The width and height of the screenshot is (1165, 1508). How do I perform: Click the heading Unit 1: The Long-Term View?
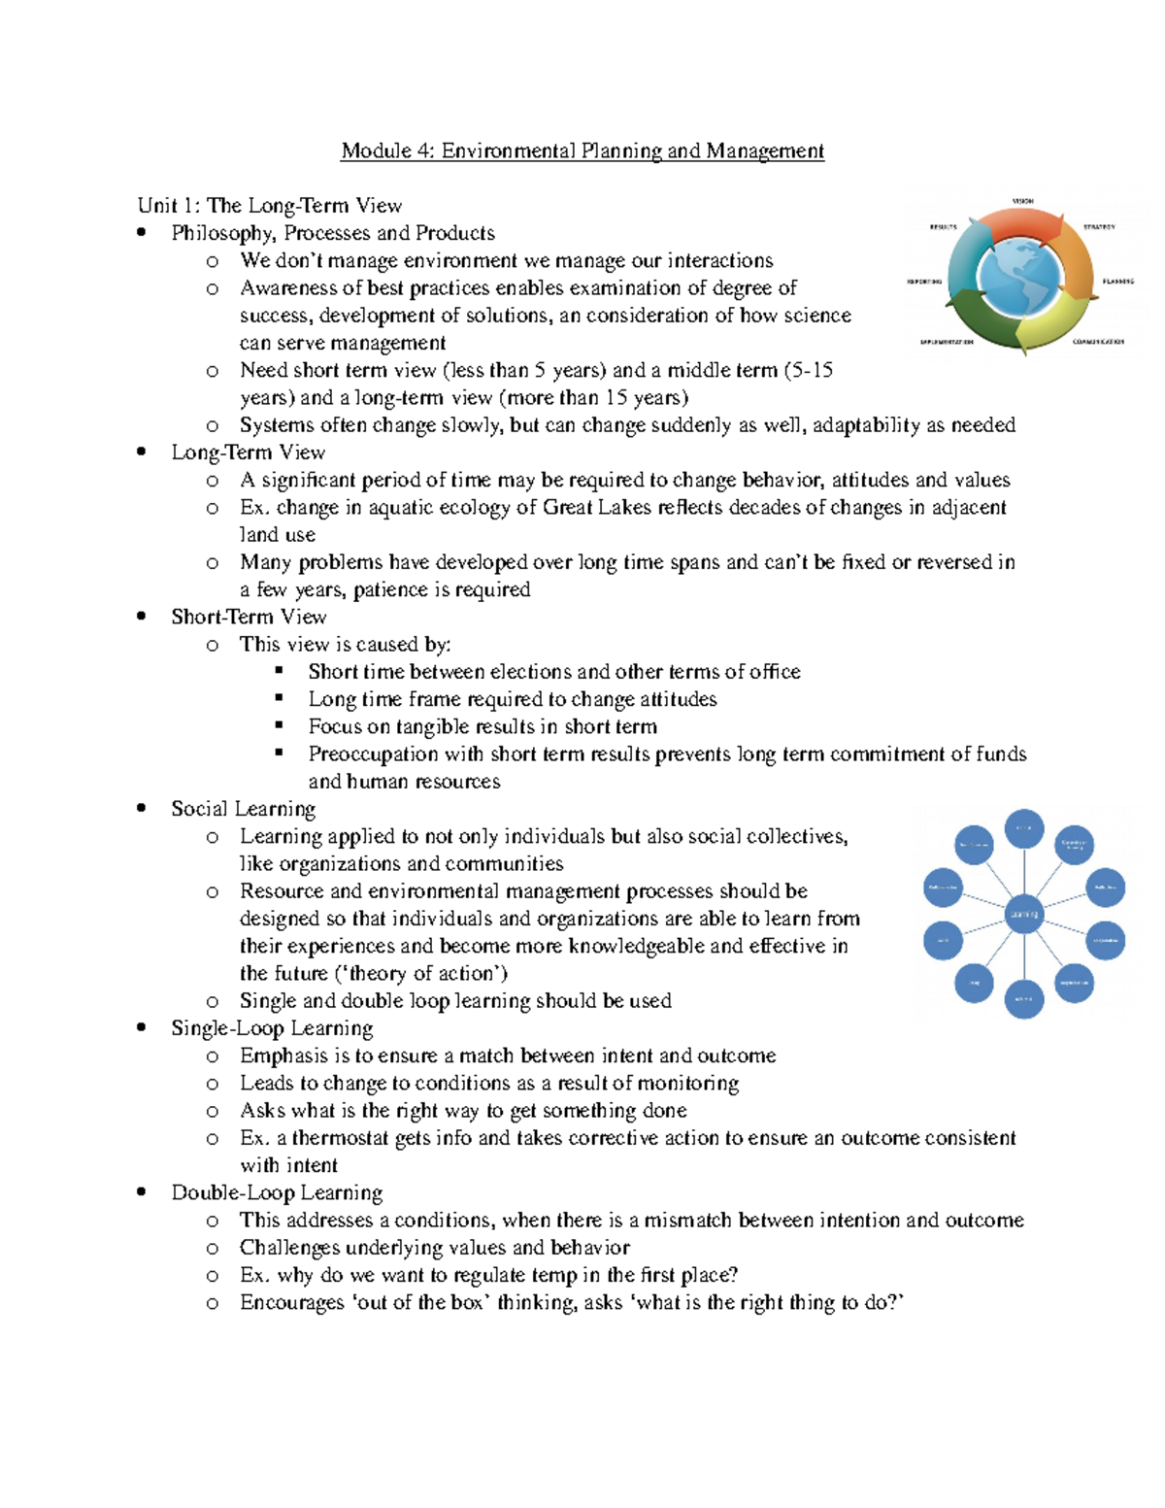tap(269, 205)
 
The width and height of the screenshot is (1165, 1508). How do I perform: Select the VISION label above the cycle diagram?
tap(1022, 201)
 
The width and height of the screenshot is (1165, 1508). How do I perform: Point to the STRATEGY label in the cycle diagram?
tap(1099, 227)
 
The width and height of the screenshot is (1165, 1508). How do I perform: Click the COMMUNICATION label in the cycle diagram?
tap(1098, 342)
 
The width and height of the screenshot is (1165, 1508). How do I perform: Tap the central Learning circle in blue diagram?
tap(1023, 914)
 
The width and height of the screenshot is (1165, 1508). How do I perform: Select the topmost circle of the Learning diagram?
tap(1023, 828)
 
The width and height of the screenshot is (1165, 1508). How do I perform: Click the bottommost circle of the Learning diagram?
tap(1023, 998)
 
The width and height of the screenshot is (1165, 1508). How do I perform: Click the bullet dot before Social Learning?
tap(142, 808)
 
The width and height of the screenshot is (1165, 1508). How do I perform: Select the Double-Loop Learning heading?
tap(277, 1192)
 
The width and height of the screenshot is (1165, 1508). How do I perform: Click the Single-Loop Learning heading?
tap(272, 1028)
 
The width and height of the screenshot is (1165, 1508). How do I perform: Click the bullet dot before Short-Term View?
tap(142, 616)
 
